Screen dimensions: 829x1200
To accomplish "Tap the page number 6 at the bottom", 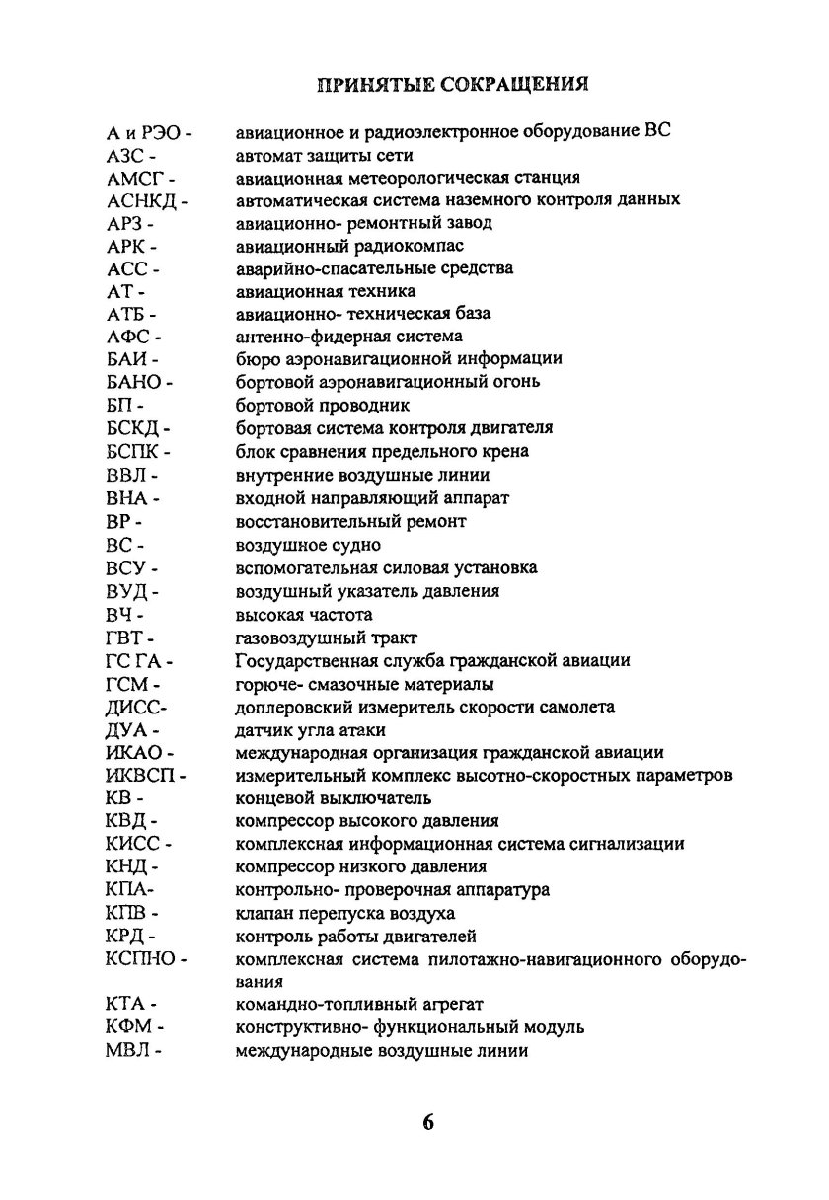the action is tap(427, 1124).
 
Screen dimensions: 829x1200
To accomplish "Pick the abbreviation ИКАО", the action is tap(133, 754).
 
